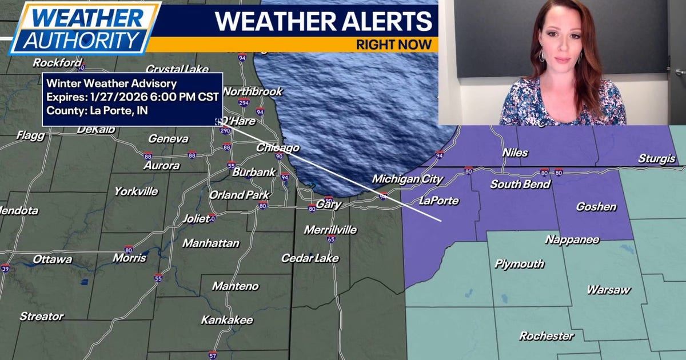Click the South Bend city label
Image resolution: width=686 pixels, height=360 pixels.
(520, 185)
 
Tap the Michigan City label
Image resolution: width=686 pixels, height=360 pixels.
(407, 179)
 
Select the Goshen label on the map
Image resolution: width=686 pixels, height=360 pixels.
(596, 207)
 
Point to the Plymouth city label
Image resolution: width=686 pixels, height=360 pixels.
(519, 264)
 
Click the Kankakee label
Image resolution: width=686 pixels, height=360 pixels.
(226, 320)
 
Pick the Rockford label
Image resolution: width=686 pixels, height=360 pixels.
(57, 63)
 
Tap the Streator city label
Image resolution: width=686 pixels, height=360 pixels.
(42, 316)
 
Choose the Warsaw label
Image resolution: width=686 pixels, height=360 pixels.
(608, 290)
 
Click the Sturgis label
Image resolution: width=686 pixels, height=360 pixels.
(656, 159)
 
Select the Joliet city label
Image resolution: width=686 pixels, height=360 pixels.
(196, 218)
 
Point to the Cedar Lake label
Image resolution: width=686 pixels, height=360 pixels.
(310, 258)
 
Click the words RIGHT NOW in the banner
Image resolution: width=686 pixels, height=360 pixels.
(393, 45)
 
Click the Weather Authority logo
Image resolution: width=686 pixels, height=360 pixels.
(84, 27)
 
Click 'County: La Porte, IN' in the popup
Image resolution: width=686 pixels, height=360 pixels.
(97, 110)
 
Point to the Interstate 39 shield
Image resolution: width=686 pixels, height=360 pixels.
(5, 268)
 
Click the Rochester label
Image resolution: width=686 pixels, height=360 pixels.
(546, 336)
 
